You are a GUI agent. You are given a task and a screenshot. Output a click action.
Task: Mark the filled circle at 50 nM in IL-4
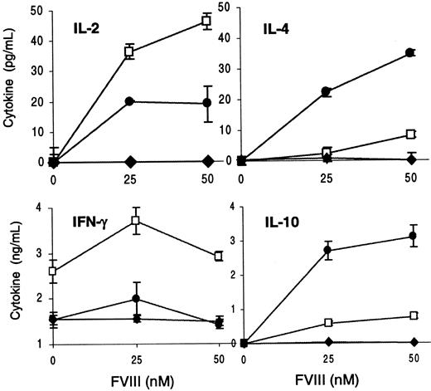coord(408,53)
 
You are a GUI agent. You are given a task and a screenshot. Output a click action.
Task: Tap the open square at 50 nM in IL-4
coord(408,134)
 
